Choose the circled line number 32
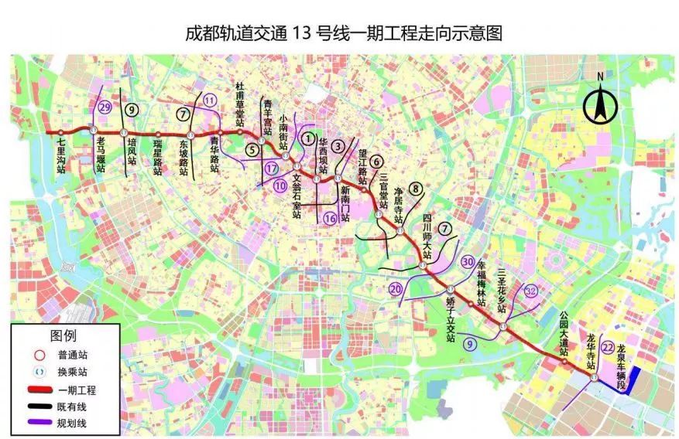point(530,291)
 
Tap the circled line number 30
point(468,261)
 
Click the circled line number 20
point(396,289)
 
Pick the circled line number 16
point(331,218)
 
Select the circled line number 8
point(416,188)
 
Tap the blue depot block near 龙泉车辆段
point(631,381)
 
